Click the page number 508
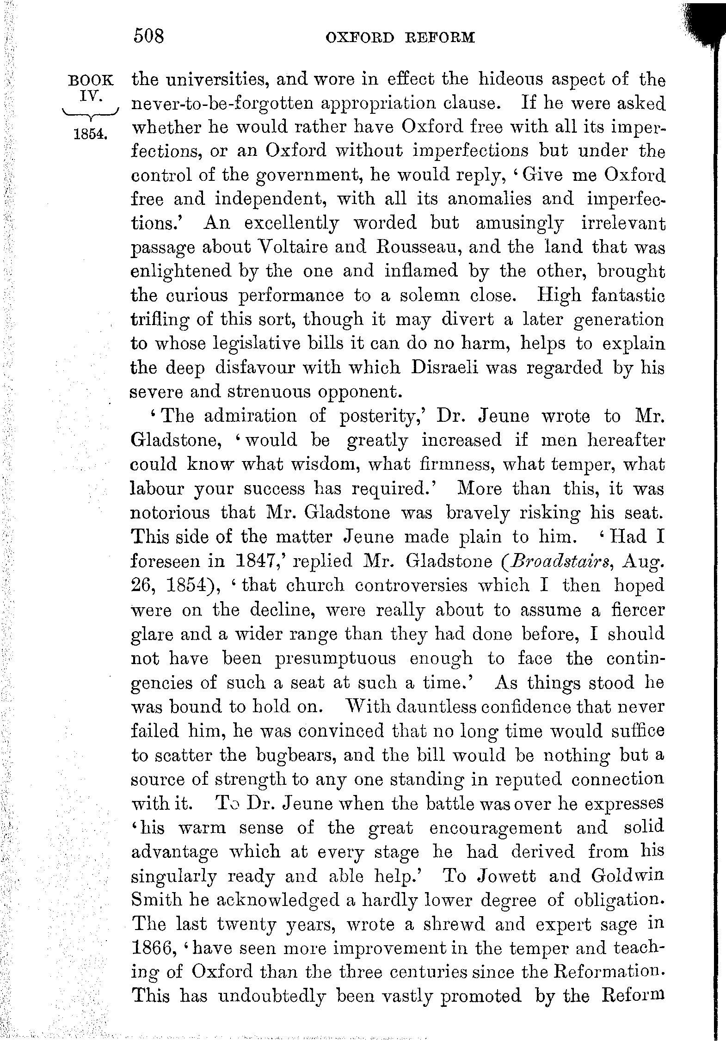[149, 36]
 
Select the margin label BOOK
[91, 80]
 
